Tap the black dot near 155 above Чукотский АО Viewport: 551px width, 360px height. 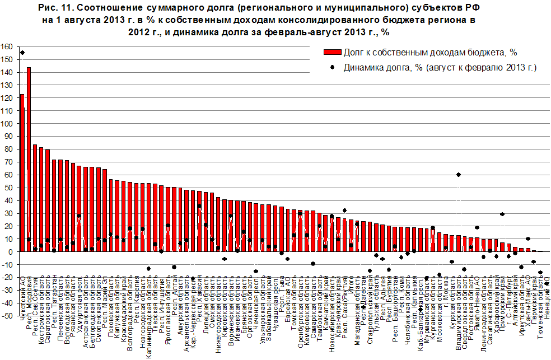(x=22, y=53)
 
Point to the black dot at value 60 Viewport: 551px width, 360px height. (x=459, y=175)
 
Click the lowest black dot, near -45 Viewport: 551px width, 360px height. (x=421, y=309)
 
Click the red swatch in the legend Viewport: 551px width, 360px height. (x=331, y=52)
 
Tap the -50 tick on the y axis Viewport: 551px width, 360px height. (x=7, y=316)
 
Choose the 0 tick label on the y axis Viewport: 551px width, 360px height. (x=11, y=252)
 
